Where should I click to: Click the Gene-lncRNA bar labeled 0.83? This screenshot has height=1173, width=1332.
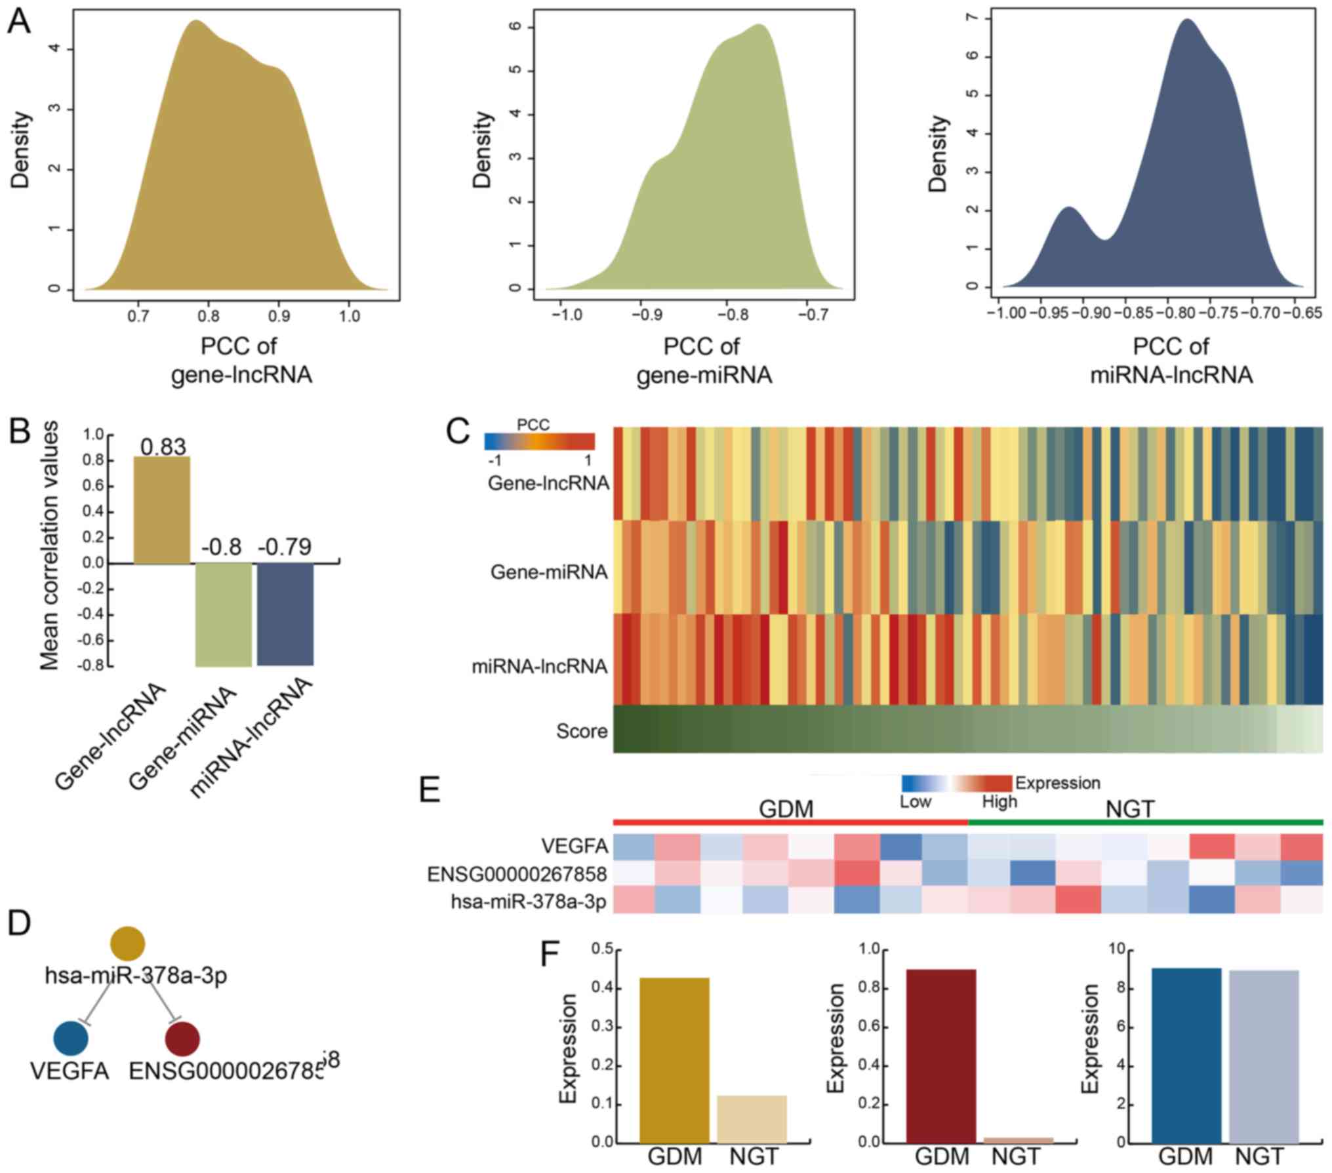162,509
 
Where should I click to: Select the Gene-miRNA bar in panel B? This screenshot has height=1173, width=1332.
224,614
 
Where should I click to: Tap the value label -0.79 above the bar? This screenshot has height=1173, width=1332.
285,547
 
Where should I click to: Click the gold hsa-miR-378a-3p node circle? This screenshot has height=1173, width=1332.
128,944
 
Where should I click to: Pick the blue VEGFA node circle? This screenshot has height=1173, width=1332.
71,1038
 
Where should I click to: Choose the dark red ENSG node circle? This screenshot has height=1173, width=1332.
182,1038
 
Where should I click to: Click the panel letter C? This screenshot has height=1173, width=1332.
457,432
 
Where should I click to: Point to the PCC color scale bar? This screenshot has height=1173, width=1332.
539,441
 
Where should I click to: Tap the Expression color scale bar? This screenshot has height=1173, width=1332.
957,783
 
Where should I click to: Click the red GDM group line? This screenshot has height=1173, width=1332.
790,822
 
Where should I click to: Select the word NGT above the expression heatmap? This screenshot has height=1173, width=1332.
1129,809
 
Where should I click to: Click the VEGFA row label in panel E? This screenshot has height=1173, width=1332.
575,846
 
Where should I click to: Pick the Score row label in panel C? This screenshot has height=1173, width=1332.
582,730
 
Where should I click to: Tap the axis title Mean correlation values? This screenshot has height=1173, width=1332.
50,545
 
